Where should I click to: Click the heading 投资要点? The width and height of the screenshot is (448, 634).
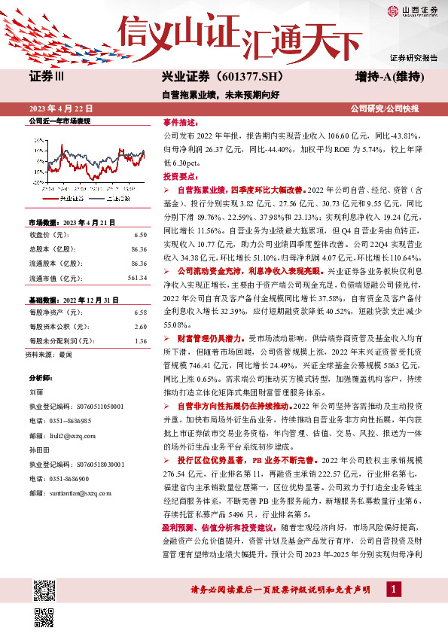179,175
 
